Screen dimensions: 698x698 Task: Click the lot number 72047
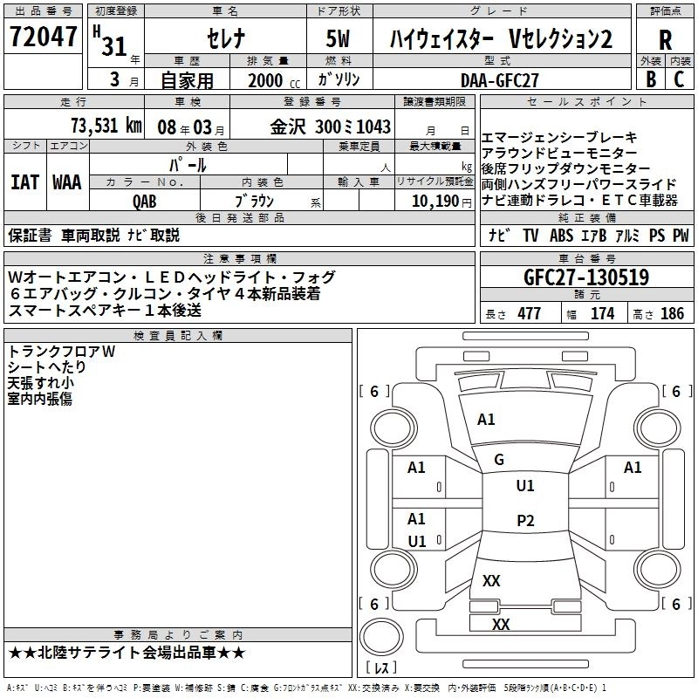point(44,38)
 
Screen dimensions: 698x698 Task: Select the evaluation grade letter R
point(665,39)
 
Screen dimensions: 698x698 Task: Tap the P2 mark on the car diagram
point(524,521)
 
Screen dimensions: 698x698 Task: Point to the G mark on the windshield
point(499,460)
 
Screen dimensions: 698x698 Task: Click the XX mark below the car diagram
point(501,624)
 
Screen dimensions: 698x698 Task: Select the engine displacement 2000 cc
point(267,79)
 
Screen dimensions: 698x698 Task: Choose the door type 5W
point(340,39)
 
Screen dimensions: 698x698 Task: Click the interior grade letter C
point(679,79)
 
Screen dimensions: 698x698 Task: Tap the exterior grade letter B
point(650,79)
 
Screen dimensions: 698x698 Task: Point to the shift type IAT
point(25,181)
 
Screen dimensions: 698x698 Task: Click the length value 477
point(529,313)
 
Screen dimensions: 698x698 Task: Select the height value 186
point(672,313)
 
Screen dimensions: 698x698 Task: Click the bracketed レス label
point(381,669)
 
